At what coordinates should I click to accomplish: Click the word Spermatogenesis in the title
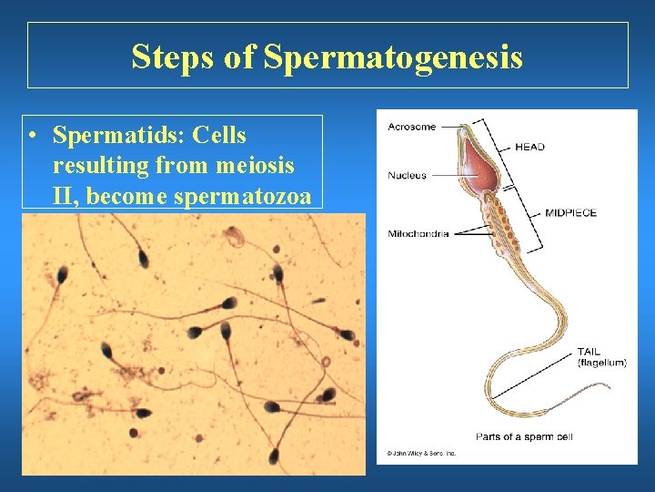[x=393, y=56]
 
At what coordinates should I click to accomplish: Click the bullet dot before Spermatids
[x=33, y=137]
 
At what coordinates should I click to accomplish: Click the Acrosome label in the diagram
[x=411, y=127]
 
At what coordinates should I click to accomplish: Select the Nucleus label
[x=407, y=175]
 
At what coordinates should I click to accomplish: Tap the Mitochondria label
[x=418, y=233]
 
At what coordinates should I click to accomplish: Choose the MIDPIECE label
[x=570, y=213]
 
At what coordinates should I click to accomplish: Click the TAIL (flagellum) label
[x=601, y=357]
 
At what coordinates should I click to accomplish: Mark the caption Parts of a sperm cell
[x=523, y=436]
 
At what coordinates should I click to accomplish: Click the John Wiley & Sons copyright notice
[x=420, y=453]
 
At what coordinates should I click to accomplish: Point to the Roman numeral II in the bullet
[x=64, y=195]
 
